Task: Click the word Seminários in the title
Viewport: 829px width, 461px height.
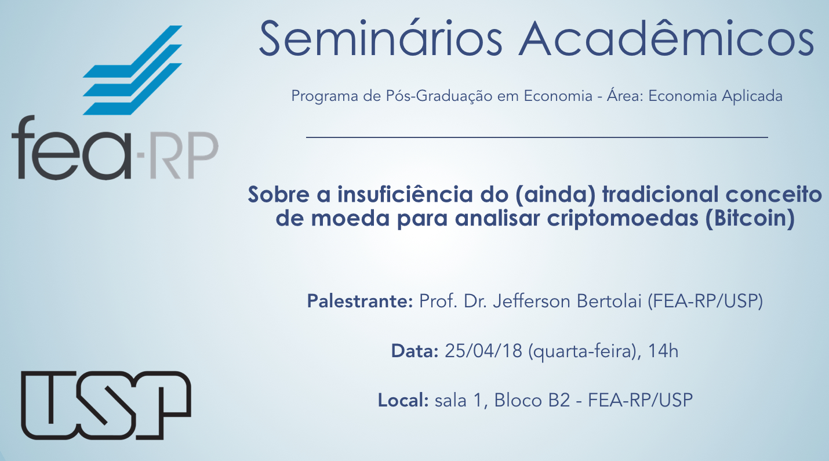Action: click(381, 38)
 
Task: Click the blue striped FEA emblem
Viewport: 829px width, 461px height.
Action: click(132, 70)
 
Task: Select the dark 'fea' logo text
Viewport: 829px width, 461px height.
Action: click(72, 148)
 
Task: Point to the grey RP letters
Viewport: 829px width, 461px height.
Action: click(184, 155)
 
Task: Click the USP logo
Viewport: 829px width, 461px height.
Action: click(106, 405)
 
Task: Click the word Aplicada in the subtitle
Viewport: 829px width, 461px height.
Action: click(752, 96)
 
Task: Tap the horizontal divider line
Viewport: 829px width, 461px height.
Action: click(537, 137)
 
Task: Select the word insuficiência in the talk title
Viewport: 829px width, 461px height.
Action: click(405, 194)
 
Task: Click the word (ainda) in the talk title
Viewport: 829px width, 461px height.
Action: click(555, 195)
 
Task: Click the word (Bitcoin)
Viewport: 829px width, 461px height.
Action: click(750, 219)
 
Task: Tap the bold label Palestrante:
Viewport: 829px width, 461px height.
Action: click(360, 301)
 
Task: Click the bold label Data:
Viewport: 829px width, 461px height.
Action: click(414, 351)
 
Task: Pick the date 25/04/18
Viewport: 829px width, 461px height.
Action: click(483, 351)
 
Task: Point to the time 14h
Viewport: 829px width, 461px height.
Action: click(663, 351)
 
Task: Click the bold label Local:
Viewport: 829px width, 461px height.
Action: click(403, 400)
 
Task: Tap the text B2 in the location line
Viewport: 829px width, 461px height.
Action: click(559, 400)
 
